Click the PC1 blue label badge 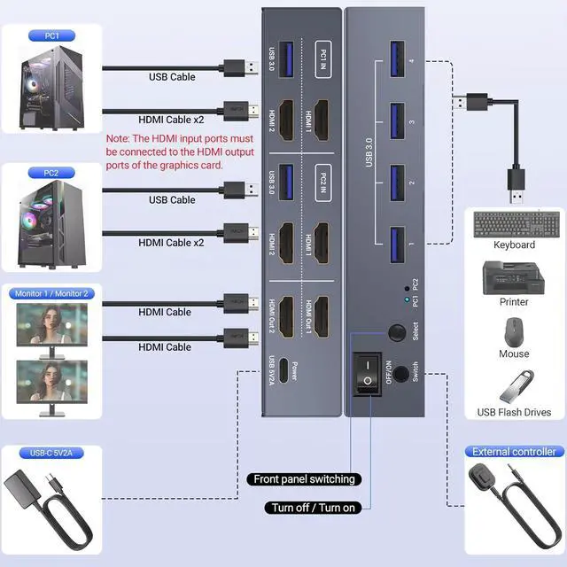pos(51,36)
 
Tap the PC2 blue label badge pos(51,173)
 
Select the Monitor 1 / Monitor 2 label pos(51,293)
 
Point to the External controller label pos(514,452)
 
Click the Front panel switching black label pos(304,479)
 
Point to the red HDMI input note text pos(180,151)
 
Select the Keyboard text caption pos(514,245)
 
